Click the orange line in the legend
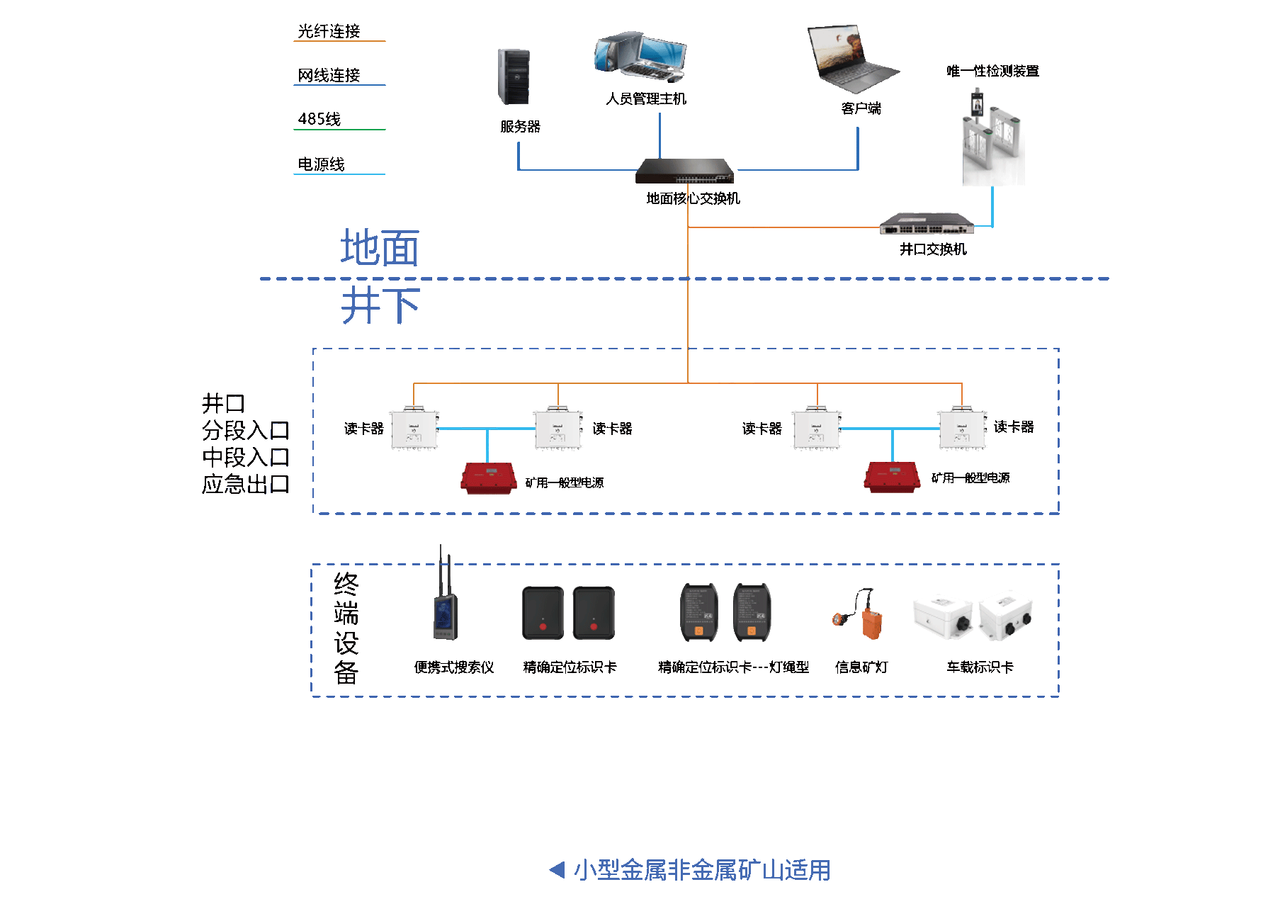coord(339,41)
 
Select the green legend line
coord(339,130)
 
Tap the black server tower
coord(514,77)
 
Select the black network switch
coord(684,171)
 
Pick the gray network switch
coord(926,224)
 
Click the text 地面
coord(380,248)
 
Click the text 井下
coord(380,305)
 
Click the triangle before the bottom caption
coord(557,869)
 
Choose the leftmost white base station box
coord(414,430)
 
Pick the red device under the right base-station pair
coord(891,477)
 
